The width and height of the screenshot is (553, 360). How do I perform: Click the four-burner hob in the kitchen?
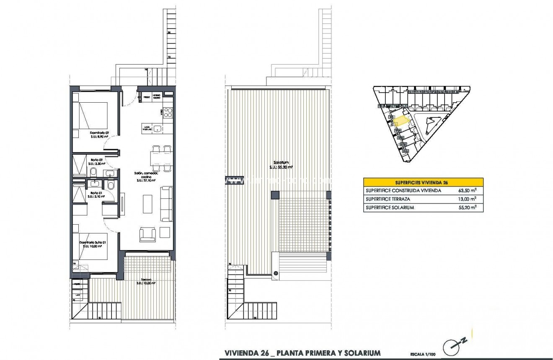tap(168, 112)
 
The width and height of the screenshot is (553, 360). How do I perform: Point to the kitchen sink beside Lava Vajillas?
tap(158, 129)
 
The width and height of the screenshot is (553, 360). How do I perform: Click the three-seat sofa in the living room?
tap(167, 204)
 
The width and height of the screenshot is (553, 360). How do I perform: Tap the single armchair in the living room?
tap(148, 233)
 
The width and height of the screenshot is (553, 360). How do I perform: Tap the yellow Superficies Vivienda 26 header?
tap(423, 182)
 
